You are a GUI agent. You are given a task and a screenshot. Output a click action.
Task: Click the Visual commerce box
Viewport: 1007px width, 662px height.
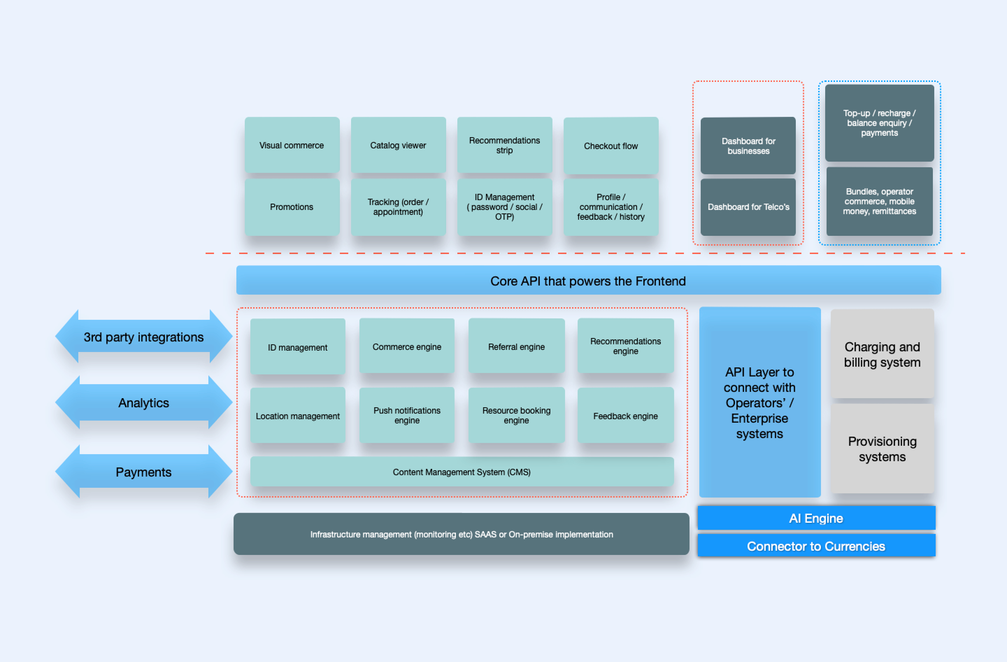pos(292,145)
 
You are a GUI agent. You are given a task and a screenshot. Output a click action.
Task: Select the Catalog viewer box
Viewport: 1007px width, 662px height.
pos(398,145)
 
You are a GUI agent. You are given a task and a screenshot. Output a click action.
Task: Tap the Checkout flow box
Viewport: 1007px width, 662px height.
pos(611,146)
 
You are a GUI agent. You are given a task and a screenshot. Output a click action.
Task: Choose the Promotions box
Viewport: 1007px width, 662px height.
pos(292,207)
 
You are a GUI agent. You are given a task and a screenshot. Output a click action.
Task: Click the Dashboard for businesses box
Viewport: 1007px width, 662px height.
pos(748,146)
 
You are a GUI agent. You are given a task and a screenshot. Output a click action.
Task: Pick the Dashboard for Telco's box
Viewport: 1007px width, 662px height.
pos(748,207)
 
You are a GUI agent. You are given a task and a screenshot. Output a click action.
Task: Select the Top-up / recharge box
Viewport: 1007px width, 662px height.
pos(879,123)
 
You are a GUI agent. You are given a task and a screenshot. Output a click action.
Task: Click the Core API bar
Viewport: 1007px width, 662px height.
pos(588,280)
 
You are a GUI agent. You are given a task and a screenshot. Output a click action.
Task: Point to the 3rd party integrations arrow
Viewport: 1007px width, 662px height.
pos(144,337)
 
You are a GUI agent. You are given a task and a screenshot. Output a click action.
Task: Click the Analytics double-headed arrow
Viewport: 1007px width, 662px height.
pos(144,402)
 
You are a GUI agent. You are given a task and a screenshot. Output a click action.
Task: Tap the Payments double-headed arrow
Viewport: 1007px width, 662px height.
pos(144,472)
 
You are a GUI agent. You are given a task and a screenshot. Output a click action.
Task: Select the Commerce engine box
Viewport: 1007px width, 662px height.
pos(407,346)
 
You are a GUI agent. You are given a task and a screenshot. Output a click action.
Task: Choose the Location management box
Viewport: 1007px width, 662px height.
pos(298,415)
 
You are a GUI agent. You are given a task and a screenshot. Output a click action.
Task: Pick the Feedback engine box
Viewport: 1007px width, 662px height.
pos(626,415)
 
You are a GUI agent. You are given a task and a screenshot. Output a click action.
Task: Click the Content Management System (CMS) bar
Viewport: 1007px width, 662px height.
pos(462,472)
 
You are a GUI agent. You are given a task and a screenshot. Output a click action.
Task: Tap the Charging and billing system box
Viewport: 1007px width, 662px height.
pos(882,354)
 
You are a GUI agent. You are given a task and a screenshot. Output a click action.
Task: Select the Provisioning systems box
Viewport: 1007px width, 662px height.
pos(882,449)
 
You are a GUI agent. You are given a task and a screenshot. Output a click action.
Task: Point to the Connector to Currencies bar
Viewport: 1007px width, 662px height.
pos(816,545)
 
